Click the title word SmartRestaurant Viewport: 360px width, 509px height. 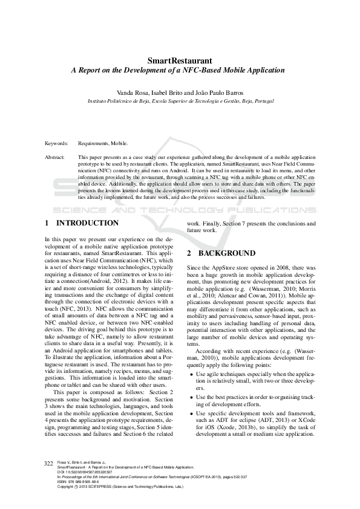180,61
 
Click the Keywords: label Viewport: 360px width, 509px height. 56,143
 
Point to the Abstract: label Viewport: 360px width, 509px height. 55,157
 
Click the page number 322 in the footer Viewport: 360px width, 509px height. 49,463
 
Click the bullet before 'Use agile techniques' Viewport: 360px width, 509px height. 191,375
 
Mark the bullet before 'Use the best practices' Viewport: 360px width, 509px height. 191,397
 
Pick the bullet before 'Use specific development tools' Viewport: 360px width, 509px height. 191,412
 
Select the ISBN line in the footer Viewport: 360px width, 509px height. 79,481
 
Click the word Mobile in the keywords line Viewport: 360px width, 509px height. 119,143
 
